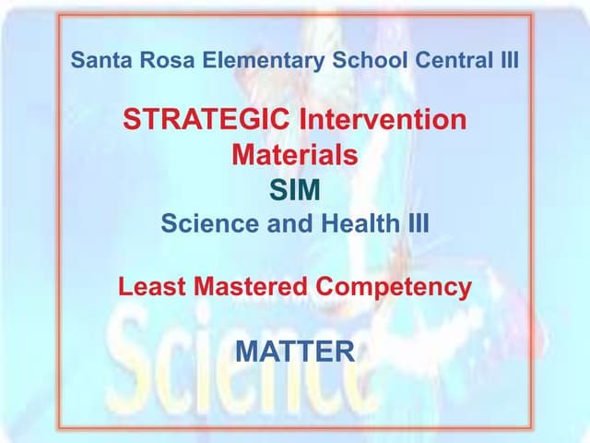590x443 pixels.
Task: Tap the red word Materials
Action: point(294,155)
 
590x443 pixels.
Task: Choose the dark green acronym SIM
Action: point(295,191)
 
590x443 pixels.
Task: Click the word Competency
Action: point(394,287)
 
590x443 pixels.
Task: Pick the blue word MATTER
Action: point(295,351)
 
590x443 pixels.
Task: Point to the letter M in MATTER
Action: point(249,351)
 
